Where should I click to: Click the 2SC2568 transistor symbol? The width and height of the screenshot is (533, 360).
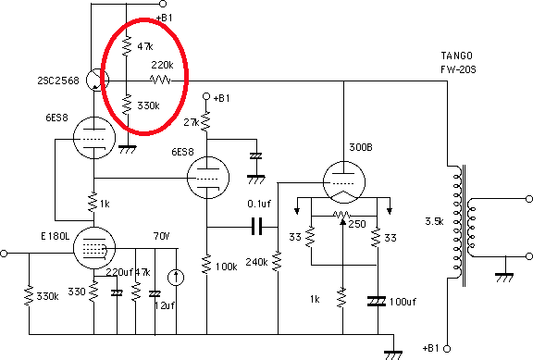point(97,81)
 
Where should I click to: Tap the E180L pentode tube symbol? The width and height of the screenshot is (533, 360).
point(94,248)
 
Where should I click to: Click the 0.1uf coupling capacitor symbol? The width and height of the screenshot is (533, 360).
point(256,227)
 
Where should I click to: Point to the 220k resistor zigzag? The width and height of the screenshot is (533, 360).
point(160,81)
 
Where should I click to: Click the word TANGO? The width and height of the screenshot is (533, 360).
point(456,56)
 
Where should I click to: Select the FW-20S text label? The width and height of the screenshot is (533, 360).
point(458,69)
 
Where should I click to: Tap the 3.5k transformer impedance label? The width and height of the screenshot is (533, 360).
point(434,221)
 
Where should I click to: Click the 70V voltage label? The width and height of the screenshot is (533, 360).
point(161,236)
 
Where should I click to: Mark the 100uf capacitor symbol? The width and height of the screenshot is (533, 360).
point(377,301)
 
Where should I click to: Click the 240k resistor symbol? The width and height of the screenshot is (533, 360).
point(278,261)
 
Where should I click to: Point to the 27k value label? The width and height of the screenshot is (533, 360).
point(191,122)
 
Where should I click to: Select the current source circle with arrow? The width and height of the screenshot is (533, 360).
point(176,278)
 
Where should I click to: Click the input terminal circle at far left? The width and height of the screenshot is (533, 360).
point(4,254)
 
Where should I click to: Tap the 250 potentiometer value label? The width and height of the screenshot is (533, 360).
point(357,224)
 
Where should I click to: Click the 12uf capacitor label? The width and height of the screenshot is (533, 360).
point(165,305)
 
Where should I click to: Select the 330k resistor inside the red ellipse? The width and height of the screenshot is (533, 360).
point(127,105)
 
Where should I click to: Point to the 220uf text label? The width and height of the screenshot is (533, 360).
point(119,272)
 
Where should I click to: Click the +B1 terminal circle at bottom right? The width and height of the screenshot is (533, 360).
point(447,349)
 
